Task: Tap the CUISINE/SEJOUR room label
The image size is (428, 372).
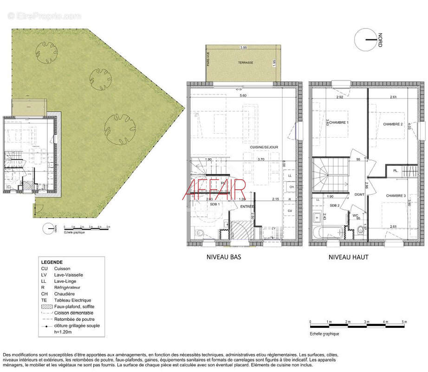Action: pyautogui.click(x=264, y=147)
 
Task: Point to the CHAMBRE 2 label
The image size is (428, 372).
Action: pyautogui.click(x=392, y=124)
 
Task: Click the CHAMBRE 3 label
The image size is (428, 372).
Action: pyautogui.click(x=396, y=196)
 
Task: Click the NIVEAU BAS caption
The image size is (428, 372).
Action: pyautogui.click(x=224, y=257)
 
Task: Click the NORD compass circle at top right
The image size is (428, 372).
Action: pyautogui.click(x=367, y=40)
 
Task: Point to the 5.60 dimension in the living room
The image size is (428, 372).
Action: pyautogui.click(x=243, y=96)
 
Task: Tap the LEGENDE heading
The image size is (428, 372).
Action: pyautogui.click(x=52, y=262)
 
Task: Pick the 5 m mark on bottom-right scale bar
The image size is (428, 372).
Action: pyautogui.click(x=404, y=322)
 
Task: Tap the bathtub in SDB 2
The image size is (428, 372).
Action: pyautogui.click(x=329, y=232)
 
